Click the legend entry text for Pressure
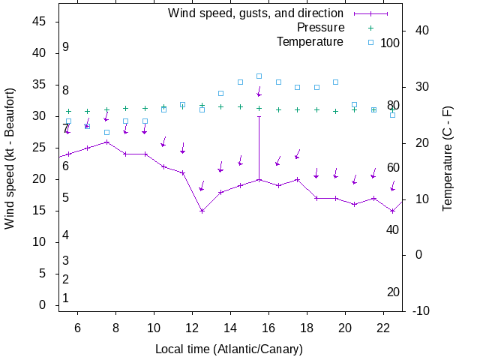(315, 27)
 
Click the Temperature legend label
(310, 41)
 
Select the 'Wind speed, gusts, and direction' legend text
(255, 13)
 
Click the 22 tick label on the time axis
(383, 328)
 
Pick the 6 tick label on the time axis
(76, 328)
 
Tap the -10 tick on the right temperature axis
(420, 310)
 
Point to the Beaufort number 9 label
(66, 47)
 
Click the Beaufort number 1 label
(66, 298)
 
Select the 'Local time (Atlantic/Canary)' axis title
(229, 349)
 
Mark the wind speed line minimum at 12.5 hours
(202, 211)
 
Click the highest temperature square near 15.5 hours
(259, 76)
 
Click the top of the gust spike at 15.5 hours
(259, 116)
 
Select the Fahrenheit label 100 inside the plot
(390, 43)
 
